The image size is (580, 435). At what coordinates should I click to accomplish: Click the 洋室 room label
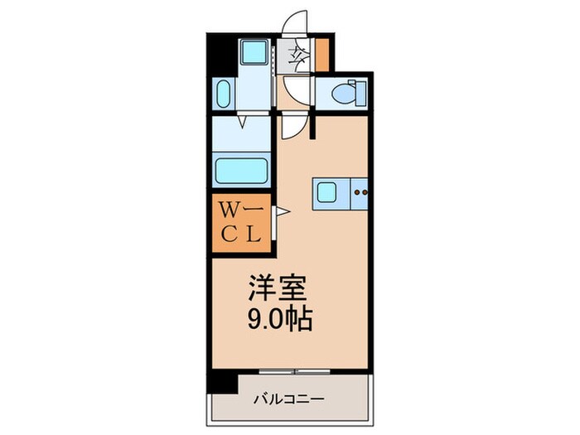(x=278, y=288)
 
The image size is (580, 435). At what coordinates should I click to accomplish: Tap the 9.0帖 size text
(x=280, y=318)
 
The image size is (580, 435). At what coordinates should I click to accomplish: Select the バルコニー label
(x=289, y=399)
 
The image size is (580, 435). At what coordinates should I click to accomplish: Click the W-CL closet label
(x=242, y=223)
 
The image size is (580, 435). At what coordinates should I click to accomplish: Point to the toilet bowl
(x=349, y=93)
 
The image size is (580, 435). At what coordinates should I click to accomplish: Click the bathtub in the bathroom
(x=242, y=171)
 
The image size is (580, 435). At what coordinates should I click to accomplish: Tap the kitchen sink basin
(x=326, y=192)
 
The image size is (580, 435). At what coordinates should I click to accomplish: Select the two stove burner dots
(x=360, y=192)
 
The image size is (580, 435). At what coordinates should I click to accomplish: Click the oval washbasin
(x=223, y=94)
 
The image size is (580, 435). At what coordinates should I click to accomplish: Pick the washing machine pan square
(x=254, y=51)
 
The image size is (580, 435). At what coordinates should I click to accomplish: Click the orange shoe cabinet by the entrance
(x=321, y=55)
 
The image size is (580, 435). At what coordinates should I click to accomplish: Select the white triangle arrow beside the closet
(x=283, y=211)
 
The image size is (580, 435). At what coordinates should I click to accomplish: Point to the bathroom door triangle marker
(x=243, y=122)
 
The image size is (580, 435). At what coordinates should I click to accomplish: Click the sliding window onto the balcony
(x=294, y=371)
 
